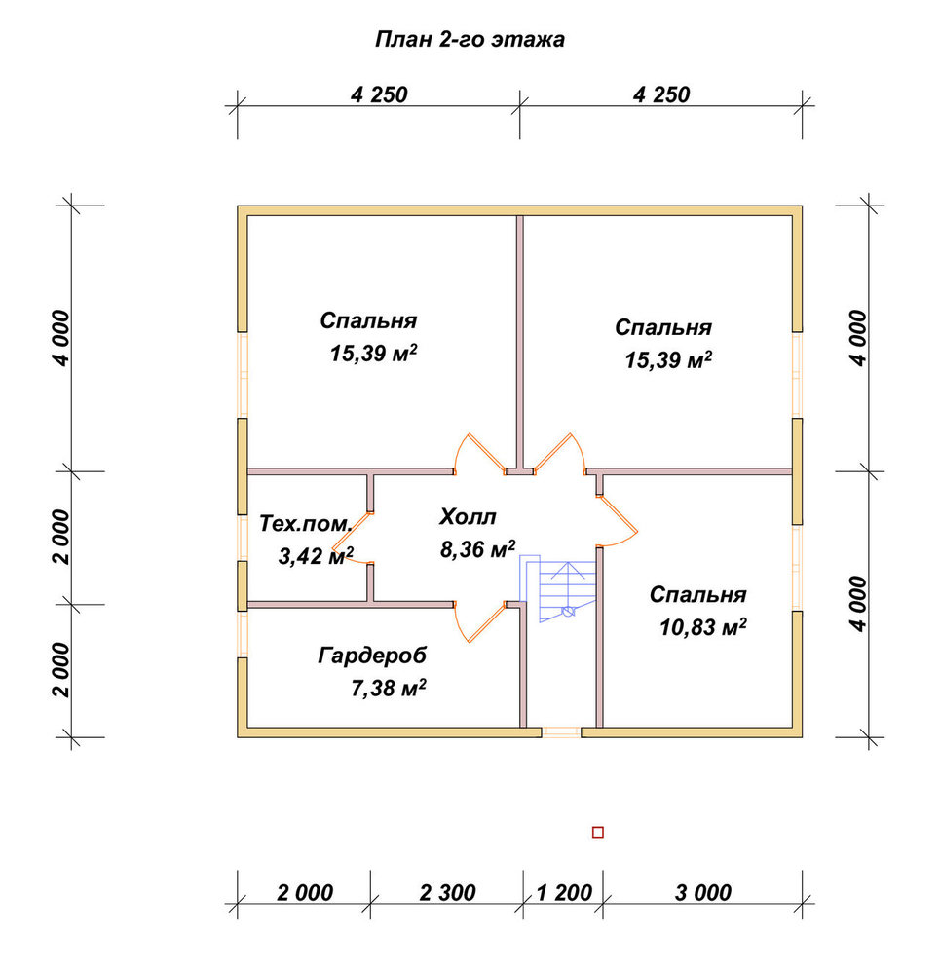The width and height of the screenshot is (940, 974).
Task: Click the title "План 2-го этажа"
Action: click(x=470, y=40)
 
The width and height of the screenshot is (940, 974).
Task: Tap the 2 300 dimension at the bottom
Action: click(x=447, y=892)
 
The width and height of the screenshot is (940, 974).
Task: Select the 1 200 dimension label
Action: click(x=563, y=892)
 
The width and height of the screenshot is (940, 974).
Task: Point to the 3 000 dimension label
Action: click(x=702, y=892)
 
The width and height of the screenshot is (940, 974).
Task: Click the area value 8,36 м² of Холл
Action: click(x=477, y=549)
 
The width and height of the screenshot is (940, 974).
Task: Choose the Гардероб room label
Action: click(x=372, y=656)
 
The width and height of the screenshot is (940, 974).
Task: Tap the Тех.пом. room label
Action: click(x=305, y=524)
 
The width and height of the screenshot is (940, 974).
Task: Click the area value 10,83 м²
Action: click(x=702, y=627)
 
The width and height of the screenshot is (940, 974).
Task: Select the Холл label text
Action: click(x=468, y=517)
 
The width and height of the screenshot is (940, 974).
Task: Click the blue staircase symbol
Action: click(x=558, y=588)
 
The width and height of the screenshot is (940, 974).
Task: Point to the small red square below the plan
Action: click(x=598, y=833)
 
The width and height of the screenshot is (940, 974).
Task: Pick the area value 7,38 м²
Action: click(x=389, y=689)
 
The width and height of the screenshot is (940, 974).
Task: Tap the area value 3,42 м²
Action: click(x=316, y=556)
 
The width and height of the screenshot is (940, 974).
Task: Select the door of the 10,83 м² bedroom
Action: click(x=618, y=520)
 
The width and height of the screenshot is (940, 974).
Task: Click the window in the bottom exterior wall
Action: click(x=561, y=732)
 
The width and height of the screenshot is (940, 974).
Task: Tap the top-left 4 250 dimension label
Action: click(x=379, y=95)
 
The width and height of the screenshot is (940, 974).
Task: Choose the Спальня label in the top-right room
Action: click(x=663, y=327)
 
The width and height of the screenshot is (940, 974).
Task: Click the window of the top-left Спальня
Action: click(x=243, y=375)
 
